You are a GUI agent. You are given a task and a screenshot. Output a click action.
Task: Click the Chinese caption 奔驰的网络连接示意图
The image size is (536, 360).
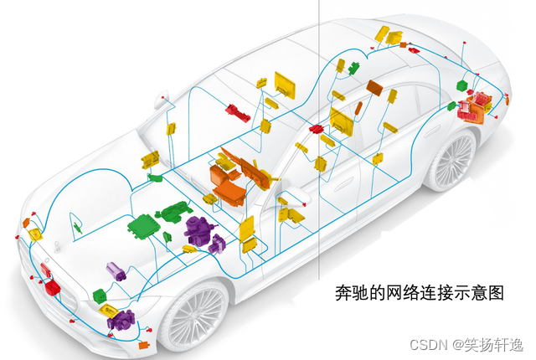(419, 294)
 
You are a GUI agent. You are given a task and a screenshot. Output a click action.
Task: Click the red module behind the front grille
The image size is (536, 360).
(52, 287)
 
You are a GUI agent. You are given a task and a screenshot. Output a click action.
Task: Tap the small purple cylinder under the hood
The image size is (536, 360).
(116, 270)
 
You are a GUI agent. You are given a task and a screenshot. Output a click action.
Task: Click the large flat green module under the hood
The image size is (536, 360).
(146, 227)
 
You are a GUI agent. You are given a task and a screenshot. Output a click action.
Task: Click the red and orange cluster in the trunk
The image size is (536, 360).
(477, 105)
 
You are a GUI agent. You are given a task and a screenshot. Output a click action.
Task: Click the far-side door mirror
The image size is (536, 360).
(160, 103)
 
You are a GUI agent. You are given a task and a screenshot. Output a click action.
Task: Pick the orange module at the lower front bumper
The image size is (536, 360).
(143, 344)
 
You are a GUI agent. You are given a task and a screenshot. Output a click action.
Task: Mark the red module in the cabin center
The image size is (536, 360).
(317, 129)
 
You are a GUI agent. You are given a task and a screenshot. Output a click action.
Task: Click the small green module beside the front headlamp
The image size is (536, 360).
(100, 294)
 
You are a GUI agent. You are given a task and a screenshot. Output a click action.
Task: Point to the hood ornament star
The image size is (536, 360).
(57, 245)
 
